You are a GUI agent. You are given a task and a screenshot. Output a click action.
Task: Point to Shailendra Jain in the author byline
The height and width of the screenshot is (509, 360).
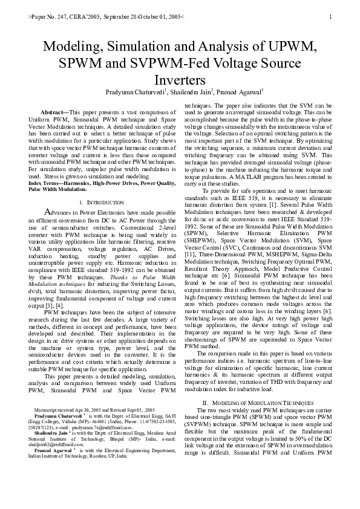194,92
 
